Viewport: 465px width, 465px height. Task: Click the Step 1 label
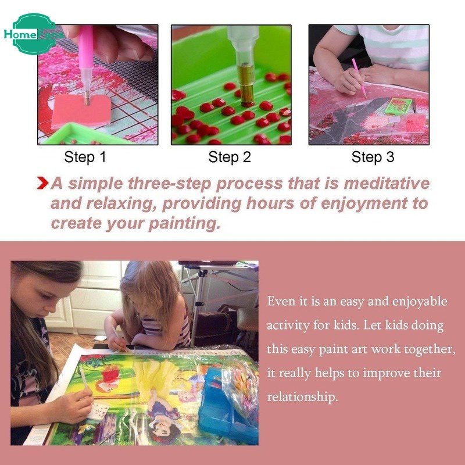(x=85, y=157)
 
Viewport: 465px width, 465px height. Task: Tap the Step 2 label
(x=230, y=157)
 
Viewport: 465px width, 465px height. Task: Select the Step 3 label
(x=373, y=157)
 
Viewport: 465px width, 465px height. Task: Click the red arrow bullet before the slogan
(x=42, y=183)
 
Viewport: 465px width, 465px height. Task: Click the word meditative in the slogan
(x=387, y=183)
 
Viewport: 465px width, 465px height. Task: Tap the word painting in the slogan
(x=184, y=224)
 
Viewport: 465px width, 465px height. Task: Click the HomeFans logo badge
(x=34, y=34)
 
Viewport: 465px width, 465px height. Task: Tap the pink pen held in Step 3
(x=359, y=78)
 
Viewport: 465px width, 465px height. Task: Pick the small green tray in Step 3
(x=398, y=106)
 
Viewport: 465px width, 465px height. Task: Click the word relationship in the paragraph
(x=302, y=397)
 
